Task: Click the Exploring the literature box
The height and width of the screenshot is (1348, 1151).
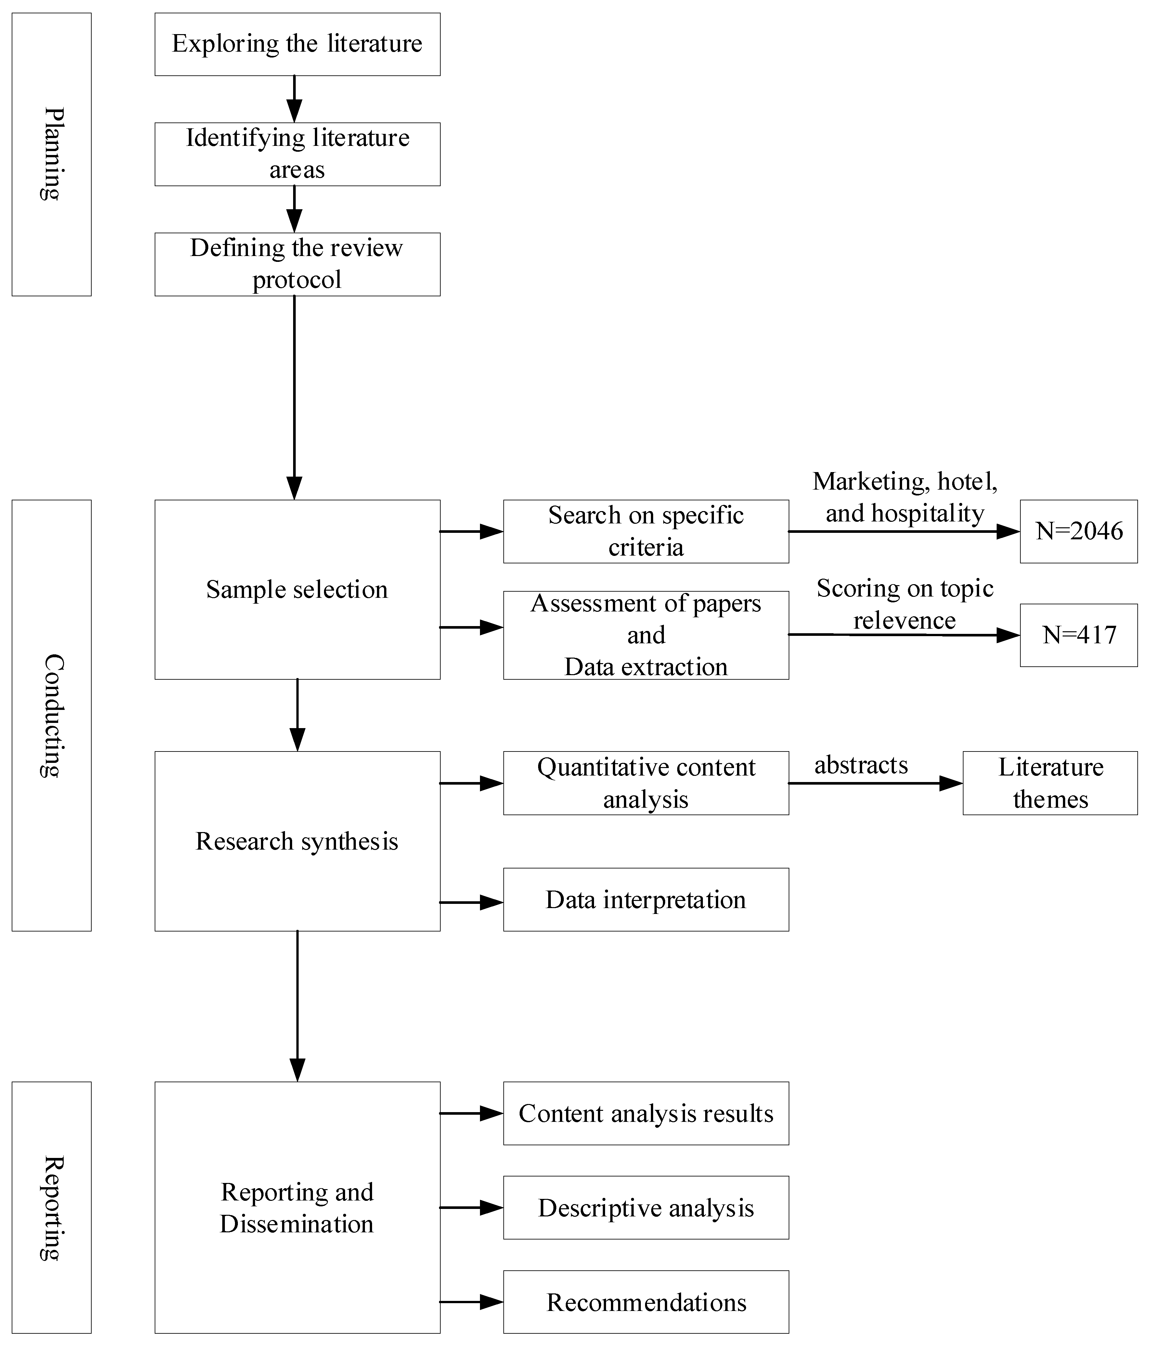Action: (x=297, y=44)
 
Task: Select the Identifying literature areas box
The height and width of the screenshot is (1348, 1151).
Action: (x=297, y=154)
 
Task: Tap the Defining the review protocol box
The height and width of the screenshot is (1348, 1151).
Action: (x=297, y=264)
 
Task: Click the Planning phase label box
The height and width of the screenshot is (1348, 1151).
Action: (x=51, y=154)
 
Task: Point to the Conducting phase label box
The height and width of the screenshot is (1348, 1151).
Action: (x=51, y=716)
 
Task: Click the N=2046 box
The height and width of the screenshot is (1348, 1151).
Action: (x=1079, y=532)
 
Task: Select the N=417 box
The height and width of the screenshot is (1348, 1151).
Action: (x=1079, y=635)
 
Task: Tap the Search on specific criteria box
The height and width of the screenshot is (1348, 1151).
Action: (x=646, y=532)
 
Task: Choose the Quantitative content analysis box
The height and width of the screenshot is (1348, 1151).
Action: (x=646, y=783)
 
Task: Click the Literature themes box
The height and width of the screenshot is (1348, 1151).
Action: (x=1050, y=783)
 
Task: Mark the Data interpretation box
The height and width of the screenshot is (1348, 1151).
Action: (x=646, y=900)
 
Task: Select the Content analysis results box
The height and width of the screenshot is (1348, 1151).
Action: (x=646, y=1114)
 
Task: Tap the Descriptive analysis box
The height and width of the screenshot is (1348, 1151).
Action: (x=646, y=1208)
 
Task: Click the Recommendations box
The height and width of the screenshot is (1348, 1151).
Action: (x=646, y=1303)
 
